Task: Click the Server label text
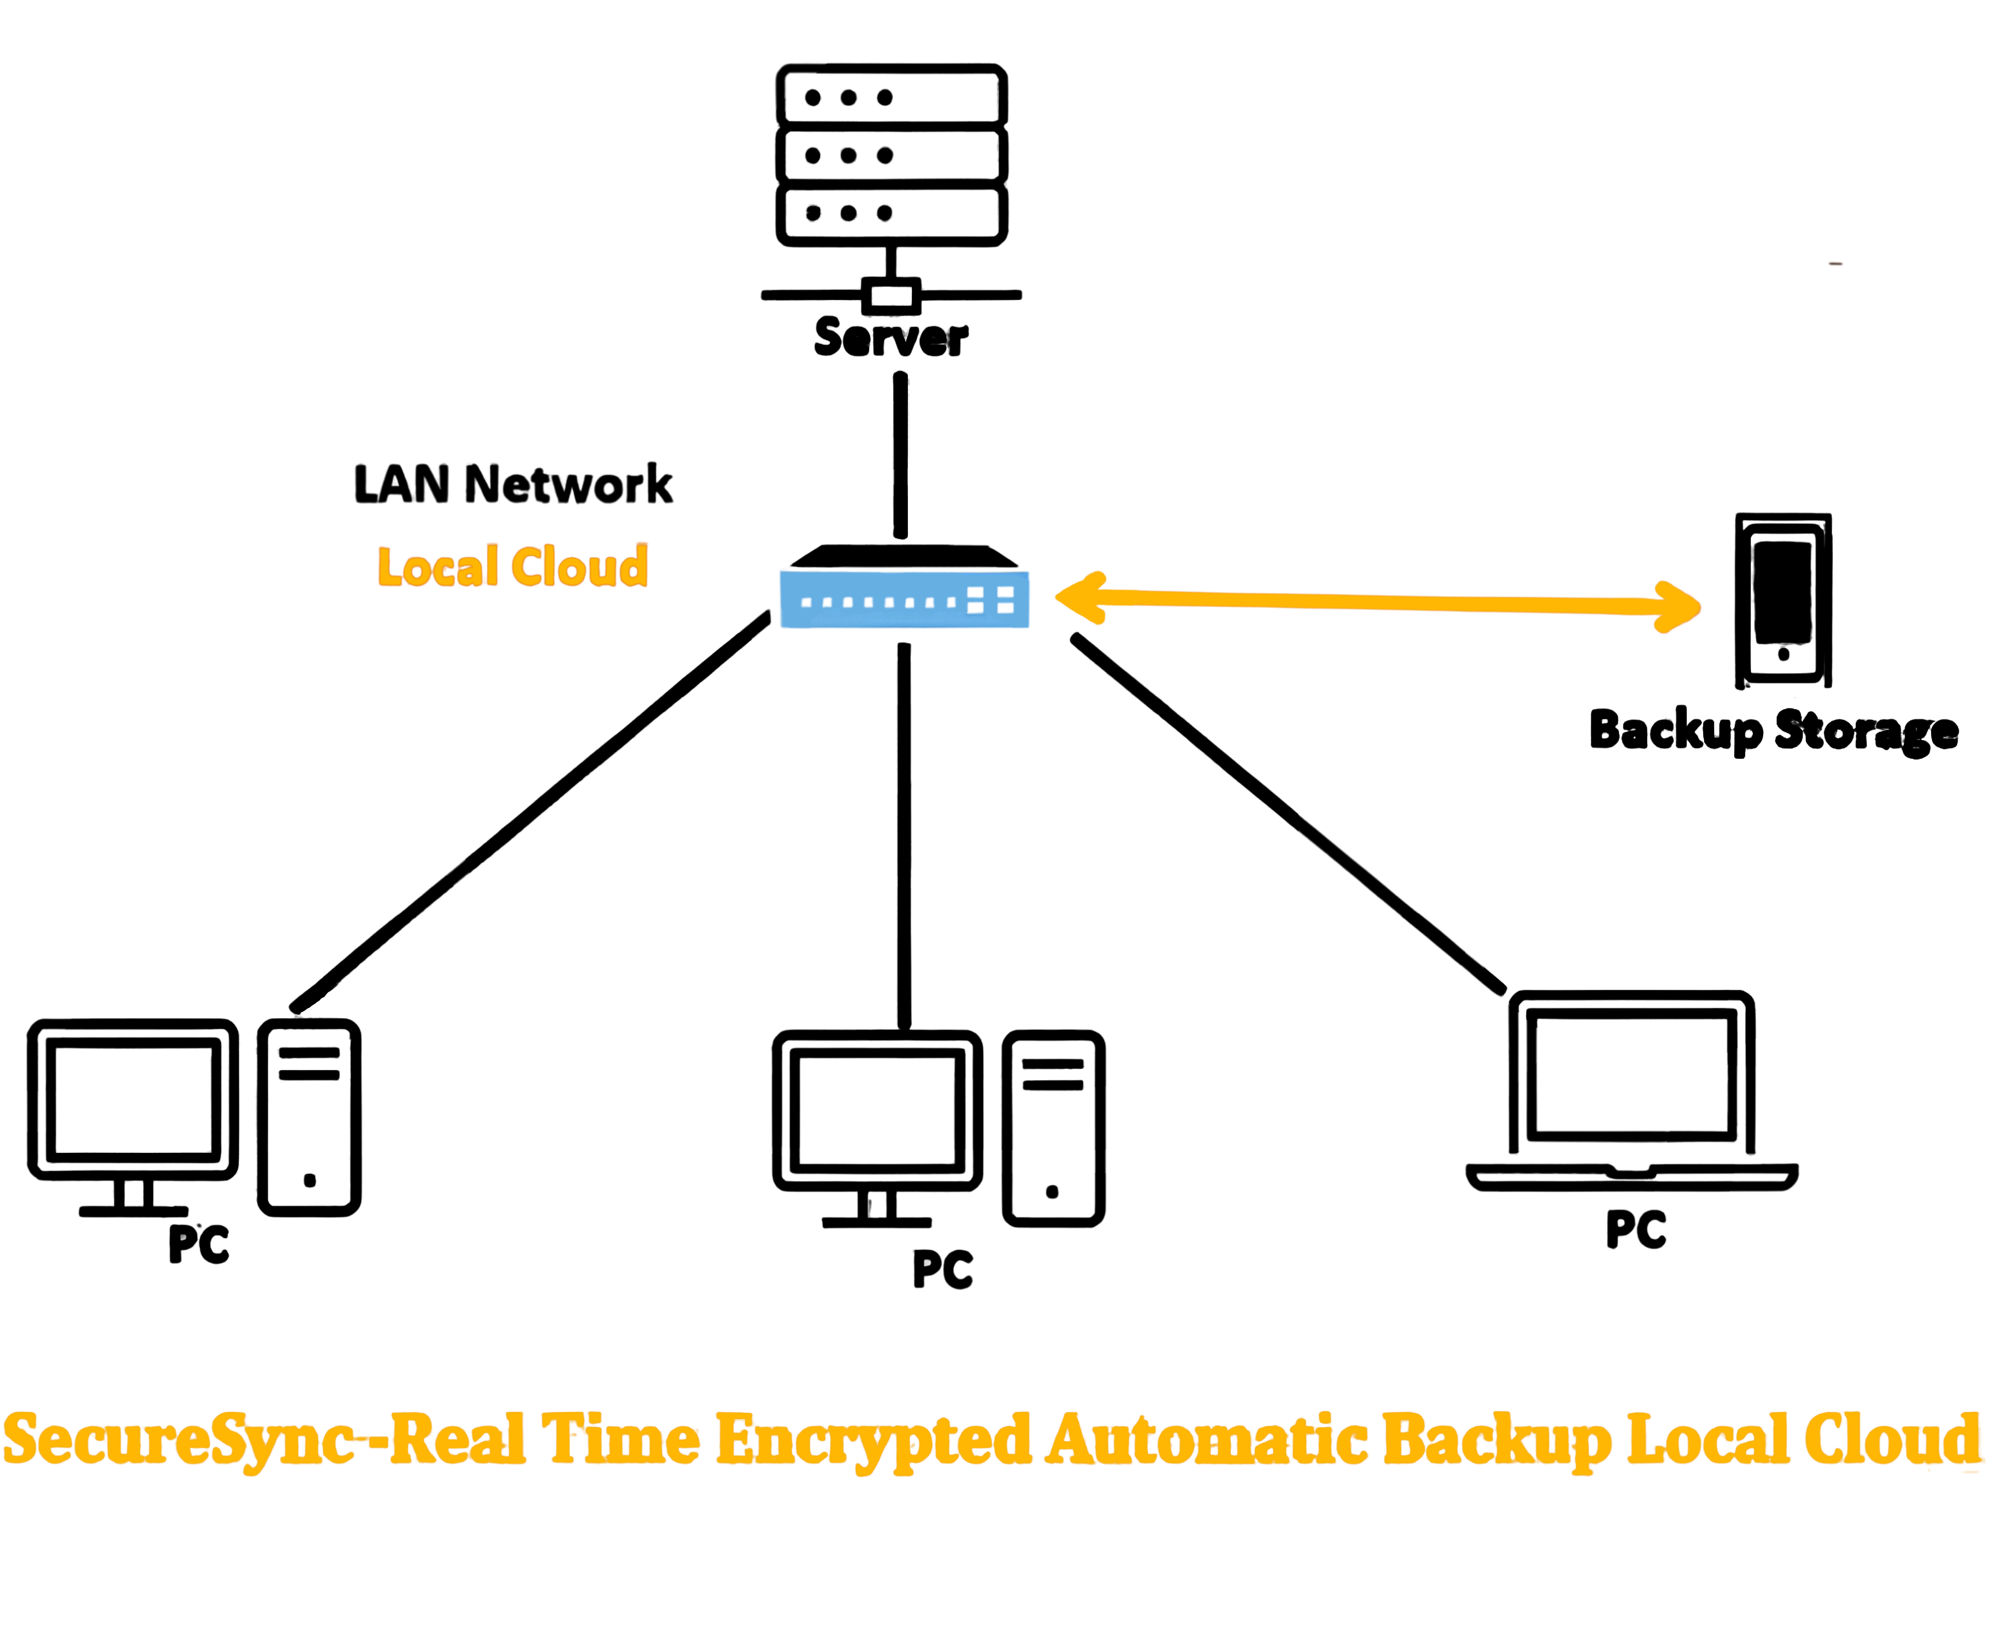point(891,338)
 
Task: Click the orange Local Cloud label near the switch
point(513,566)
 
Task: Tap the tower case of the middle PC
point(1053,1128)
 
